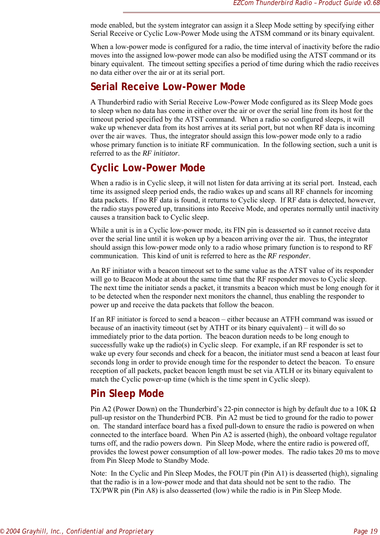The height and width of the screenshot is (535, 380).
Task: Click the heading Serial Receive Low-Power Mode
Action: point(168,87)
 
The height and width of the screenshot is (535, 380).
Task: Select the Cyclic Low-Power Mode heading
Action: point(148,168)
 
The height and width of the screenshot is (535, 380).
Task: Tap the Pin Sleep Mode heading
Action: point(127,394)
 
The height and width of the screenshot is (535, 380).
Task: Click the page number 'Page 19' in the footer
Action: point(365,531)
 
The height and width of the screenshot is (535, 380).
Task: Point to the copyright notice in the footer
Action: point(77,531)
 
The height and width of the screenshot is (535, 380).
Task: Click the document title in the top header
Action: point(306,3)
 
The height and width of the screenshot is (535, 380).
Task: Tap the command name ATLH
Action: point(285,371)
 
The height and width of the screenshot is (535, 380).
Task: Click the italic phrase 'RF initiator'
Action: point(160,153)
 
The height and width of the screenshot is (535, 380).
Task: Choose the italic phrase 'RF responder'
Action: point(288,256)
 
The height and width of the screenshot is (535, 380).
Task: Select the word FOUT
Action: point(239,473)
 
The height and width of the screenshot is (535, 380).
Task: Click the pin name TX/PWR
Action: point(104,491)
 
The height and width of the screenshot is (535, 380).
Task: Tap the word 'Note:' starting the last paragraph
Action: point(99,473)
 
